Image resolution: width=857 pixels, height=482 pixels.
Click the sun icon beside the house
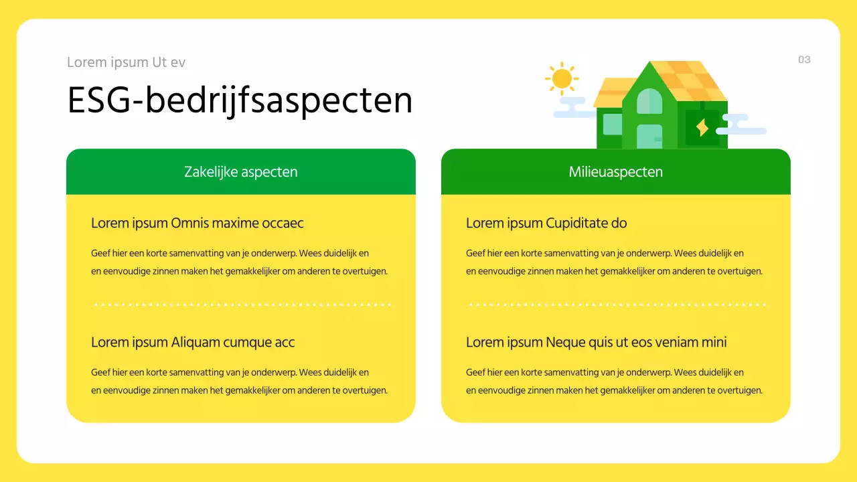[562, 79]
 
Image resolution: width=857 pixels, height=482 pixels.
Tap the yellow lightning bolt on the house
[702, 127]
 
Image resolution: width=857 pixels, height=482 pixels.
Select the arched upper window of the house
[649, 101]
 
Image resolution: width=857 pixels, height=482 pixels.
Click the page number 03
[804, 60]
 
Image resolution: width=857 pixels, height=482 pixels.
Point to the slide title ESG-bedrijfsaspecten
[240, 100]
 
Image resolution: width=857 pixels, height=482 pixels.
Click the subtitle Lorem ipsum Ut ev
[126, 62]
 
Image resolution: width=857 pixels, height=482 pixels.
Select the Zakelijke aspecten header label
[241, 171]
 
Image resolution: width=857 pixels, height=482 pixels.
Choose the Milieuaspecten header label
[616, 171]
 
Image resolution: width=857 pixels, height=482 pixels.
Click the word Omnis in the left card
[189, 223]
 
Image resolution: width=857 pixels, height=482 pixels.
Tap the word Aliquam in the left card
[196, 342]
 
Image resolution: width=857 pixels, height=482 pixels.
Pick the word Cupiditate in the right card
[578, 223]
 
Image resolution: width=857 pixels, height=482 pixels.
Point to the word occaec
[283, 223]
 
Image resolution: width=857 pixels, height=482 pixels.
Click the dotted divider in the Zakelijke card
[241, 305]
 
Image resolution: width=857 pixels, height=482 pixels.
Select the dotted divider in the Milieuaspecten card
[616, 305]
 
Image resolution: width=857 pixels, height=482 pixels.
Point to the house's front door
[649, 137]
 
